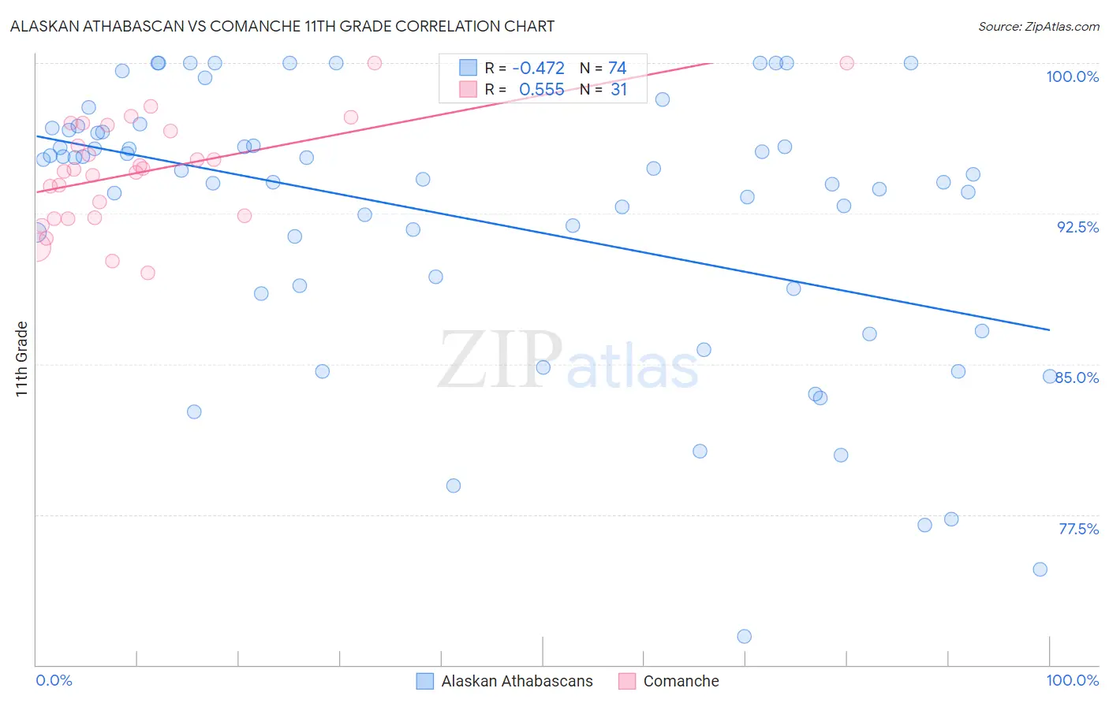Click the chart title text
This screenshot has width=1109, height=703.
tap(282, 26)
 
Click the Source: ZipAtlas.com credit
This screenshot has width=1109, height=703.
tap(1038, 26)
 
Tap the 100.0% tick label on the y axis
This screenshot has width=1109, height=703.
tap(1072, 76)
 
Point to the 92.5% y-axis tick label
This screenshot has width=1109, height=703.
tap(1077, 227)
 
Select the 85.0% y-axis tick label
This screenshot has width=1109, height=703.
tap(1077, 378)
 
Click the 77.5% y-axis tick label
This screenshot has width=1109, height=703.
tap(1078, 529)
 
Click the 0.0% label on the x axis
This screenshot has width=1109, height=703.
tap(54, 680)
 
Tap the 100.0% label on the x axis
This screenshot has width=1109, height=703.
tap(1072, 680)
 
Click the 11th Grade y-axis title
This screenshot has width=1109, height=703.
tap(21, 359)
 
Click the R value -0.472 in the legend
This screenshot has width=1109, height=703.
tap(539, 69)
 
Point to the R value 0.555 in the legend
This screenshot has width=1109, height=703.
tap(541, 90)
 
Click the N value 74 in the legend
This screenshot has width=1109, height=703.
tap(617, 69)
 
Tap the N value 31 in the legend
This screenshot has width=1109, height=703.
tap(618, 90)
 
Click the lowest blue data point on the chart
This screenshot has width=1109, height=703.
tap(744, 636)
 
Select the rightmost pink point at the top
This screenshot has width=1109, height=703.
tap(846, 63)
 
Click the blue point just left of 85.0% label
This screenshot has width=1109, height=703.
tap(1050, 377)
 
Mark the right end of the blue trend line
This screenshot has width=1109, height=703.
tap(1050, 329)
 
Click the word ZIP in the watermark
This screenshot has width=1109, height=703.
tap(500, 360)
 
